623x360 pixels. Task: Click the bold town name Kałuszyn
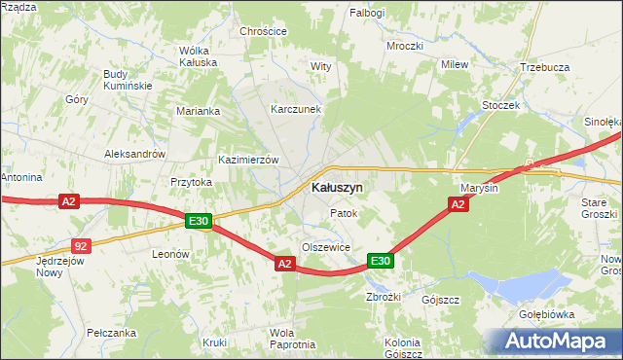(x=337, y=187)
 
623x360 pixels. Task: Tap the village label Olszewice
(x=325, y=248)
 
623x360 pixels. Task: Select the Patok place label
(x=344, y=213)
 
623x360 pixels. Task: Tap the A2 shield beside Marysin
(x=458, y=203)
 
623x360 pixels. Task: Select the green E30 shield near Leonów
(x=199, y=222)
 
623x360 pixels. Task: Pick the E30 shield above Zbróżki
(x=380, y=261)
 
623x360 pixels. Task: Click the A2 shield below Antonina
(x=67, y=201)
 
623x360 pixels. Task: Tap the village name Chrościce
(x=263, y=31)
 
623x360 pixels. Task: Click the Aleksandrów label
(x=135, y=155)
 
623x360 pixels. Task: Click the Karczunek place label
(x=296, y=110)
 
